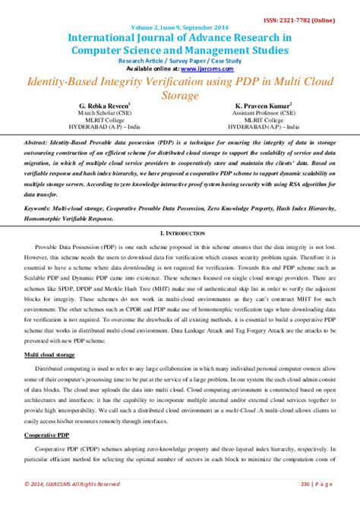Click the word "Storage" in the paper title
pyautogui.click(x=180, y=96)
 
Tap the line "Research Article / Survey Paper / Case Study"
pyautogui.click(x=180, y=59)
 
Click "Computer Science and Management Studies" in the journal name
pyautogui.click(x=180, y=49)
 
